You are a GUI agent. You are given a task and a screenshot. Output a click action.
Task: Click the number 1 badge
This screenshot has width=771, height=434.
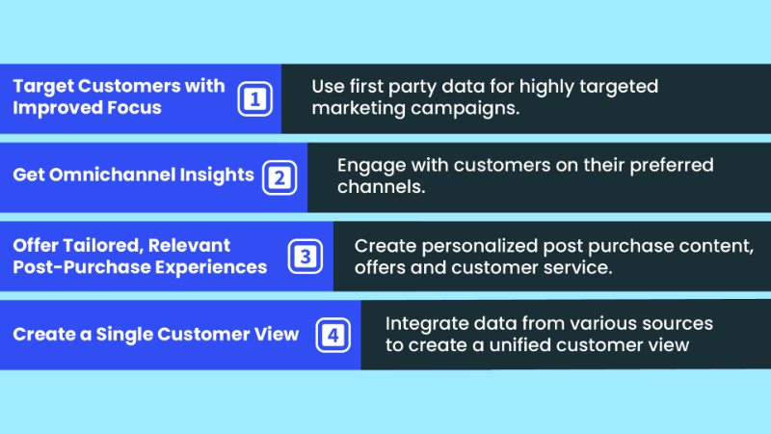(x=254, y=99)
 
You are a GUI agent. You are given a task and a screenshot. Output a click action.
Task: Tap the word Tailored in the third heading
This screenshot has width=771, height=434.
(x=103, y=246)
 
